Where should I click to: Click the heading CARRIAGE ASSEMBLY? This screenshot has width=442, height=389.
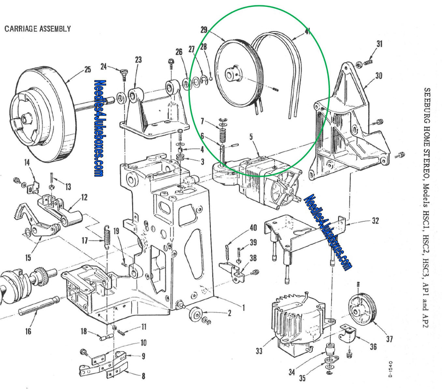pyautogui.click(x=37, y=29)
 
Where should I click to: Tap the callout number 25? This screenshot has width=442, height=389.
pyautogui.click(x=87, y=70)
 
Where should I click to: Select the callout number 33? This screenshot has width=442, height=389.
pyautogui.click(x=259, y=351)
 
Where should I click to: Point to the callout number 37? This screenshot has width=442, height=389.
pyautogui.click(x=389, y=339)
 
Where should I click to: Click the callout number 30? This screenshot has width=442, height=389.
pyautogui.click(x=378, y=76)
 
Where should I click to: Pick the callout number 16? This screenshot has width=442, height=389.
pyautogui.click(x=28, y=331)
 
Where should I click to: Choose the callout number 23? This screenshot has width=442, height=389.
pyautogui.click(x=138, y=60)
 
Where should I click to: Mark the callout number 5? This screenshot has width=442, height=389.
pyautogui.click(x=251, y=136)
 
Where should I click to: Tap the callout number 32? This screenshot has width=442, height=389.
pyautogui.click(x=375, y=221)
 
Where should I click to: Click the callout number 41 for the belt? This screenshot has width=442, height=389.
pyautogui.click(x=307, y=31)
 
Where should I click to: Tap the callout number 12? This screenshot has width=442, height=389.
pyautogui.click(x=84, y=197)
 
